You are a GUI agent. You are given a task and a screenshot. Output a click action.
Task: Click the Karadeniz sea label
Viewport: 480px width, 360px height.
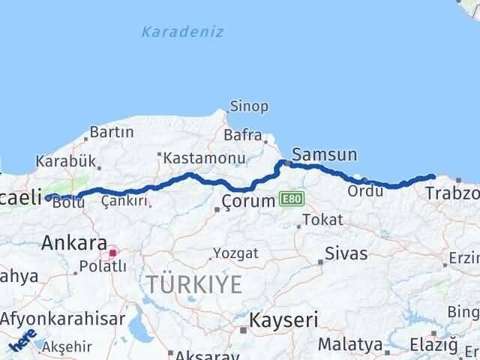coord(182,31)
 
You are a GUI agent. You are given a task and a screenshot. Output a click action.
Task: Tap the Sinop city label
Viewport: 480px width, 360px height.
coord(249,106)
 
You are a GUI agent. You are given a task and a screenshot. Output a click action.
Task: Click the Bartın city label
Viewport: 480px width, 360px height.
coord(111,133)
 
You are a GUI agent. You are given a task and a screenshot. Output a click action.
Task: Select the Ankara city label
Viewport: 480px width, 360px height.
coord(73,242)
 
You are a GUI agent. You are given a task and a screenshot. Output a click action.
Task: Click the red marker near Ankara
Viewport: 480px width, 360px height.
coord(112,253)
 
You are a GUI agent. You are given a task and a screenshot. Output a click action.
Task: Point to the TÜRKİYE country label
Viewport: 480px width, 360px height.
coord(194,284)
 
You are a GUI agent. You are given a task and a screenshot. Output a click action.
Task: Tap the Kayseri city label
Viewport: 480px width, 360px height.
coord(285,319)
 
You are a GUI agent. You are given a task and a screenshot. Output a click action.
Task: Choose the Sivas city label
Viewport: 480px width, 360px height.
coord(346,253)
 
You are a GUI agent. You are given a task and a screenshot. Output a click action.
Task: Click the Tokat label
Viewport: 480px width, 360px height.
coord(323,220)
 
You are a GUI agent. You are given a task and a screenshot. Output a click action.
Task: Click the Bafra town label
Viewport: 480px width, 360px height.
coord(242,136)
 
